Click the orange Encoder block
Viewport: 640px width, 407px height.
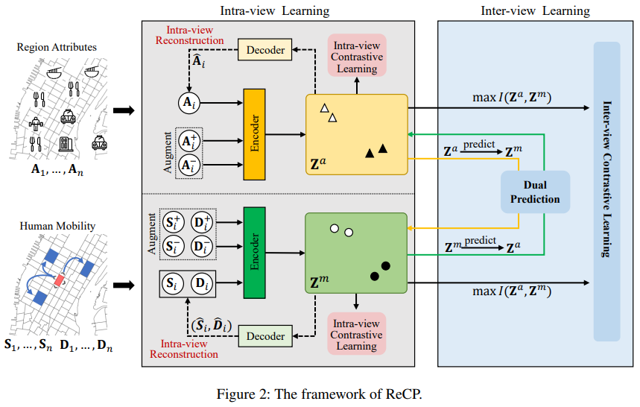(254, 134)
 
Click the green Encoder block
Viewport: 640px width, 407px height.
(254, 253)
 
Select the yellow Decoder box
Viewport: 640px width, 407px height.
(265, 50)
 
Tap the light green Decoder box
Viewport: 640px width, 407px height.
(265, 336)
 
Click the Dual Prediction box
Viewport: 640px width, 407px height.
(535, 192)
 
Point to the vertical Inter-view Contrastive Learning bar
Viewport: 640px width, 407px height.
(606, 192)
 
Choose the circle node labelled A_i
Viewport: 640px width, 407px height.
(189, 103)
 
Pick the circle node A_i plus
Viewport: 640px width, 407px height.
(189, 141)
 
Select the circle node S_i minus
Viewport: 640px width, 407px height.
(173, 247)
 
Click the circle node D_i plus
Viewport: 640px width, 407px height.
(202, 222)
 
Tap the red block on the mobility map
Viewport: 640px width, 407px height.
(60, 280)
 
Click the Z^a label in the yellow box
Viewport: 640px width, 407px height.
(318, 164)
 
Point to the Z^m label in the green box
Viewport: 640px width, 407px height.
(319, 282)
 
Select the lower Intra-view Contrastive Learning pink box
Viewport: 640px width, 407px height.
(356, 335)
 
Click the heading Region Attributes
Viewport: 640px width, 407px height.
(57, 47)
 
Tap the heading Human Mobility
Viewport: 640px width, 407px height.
(57, 226)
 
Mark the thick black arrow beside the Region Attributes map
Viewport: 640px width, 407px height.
(124, 110)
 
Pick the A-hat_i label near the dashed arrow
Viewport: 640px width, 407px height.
(198, 62)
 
